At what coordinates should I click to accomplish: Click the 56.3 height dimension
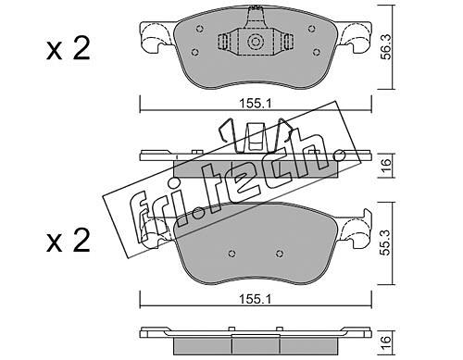click(x=386, y=46)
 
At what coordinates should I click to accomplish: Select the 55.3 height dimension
click(x=386, y=242)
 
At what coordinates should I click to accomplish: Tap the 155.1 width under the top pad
click(x=256, y=104)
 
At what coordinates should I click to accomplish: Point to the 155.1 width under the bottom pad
click(x=256, y=299)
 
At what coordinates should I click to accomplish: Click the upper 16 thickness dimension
click(x=386, y=166)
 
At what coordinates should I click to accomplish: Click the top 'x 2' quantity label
click(x=69, y=49)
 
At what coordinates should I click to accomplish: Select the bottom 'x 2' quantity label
click(x=69, y=241)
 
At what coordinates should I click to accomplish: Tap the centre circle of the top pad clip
click(x=256, y=42)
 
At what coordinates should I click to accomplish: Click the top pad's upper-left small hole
click(x=200, y=29)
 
